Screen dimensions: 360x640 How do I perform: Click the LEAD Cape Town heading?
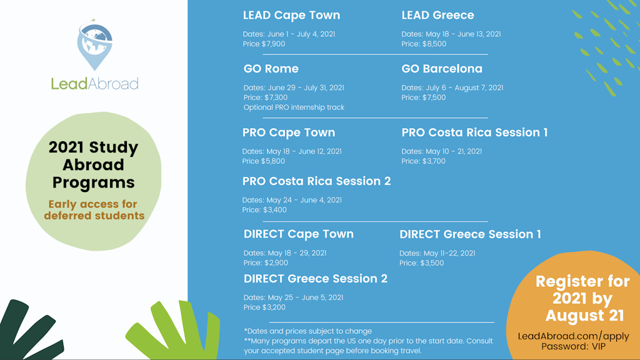pyautogui.click(x=291, y=15)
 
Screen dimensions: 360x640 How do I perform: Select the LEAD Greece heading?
pyautogui.click(x=437, y=15)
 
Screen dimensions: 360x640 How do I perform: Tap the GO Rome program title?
pyautogui.click(x=271, y=69)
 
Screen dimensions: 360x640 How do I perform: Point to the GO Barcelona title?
pyautogui.click(x=442, y=69)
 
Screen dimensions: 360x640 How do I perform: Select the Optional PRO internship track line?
pyautogui.click(x=294, y=107)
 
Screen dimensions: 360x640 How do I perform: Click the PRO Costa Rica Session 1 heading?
pyautogui.click(x=474, y=132)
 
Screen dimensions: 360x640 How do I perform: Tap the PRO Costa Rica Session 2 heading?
pyautogui.click(x=316, y=181)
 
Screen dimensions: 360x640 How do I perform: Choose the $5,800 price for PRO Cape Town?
pyautogui.click(x=264, y=161)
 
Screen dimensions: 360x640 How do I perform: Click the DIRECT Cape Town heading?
pyautogui.click(x=299, y=234)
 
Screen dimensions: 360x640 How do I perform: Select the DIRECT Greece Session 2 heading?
pyautogui.click(x=316, y=279)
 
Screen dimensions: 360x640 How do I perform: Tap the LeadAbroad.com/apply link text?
pyautogui.click(x=573, y=336)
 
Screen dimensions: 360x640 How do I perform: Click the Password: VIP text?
pyautogui.click(x=573, y=346)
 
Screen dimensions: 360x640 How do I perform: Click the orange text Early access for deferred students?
pyautogui.click(x=94, y=210)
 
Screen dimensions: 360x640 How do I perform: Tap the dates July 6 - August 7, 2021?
pyautogui.click(x=452, y=88)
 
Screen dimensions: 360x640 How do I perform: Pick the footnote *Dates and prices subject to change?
pyautogui.click(x=307, y=331)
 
